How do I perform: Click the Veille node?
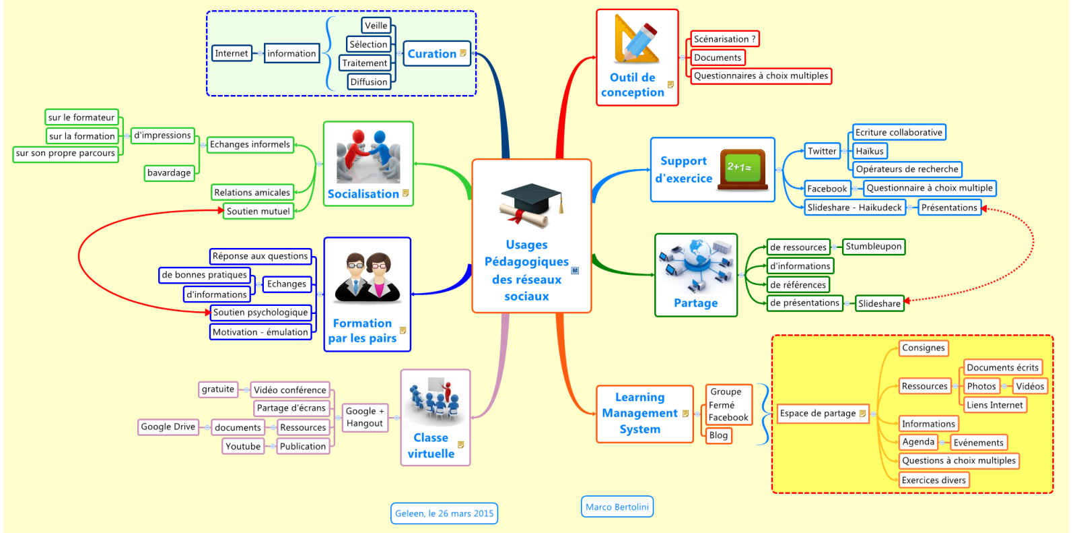tap(376, 26)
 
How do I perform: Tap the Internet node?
tap(232, 53)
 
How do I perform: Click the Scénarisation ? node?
tap(724, 39)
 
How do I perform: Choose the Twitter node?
tap(822, 151)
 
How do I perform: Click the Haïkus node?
tap(869, 151)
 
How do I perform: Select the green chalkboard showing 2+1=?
tap(742, 168)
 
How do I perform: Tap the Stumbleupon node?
tap(873, 247)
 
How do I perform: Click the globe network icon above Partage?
tap(696, 264)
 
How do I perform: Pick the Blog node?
tap(718, 435)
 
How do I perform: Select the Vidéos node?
tap(1030, 386)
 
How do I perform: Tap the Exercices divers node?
tap(934, 480)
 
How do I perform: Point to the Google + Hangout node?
tap(364, 417)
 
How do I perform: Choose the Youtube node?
tap(243, 446)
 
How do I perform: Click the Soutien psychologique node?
tap(260, 312)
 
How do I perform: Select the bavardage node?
tap(169, 173)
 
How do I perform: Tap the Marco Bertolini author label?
tap(617, 507)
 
